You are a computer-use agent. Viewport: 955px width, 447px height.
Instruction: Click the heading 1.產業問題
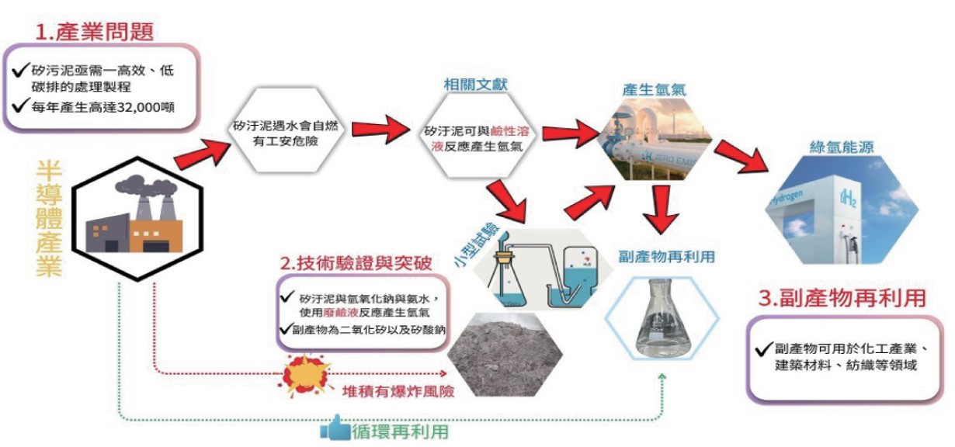(x=96, y=32)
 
